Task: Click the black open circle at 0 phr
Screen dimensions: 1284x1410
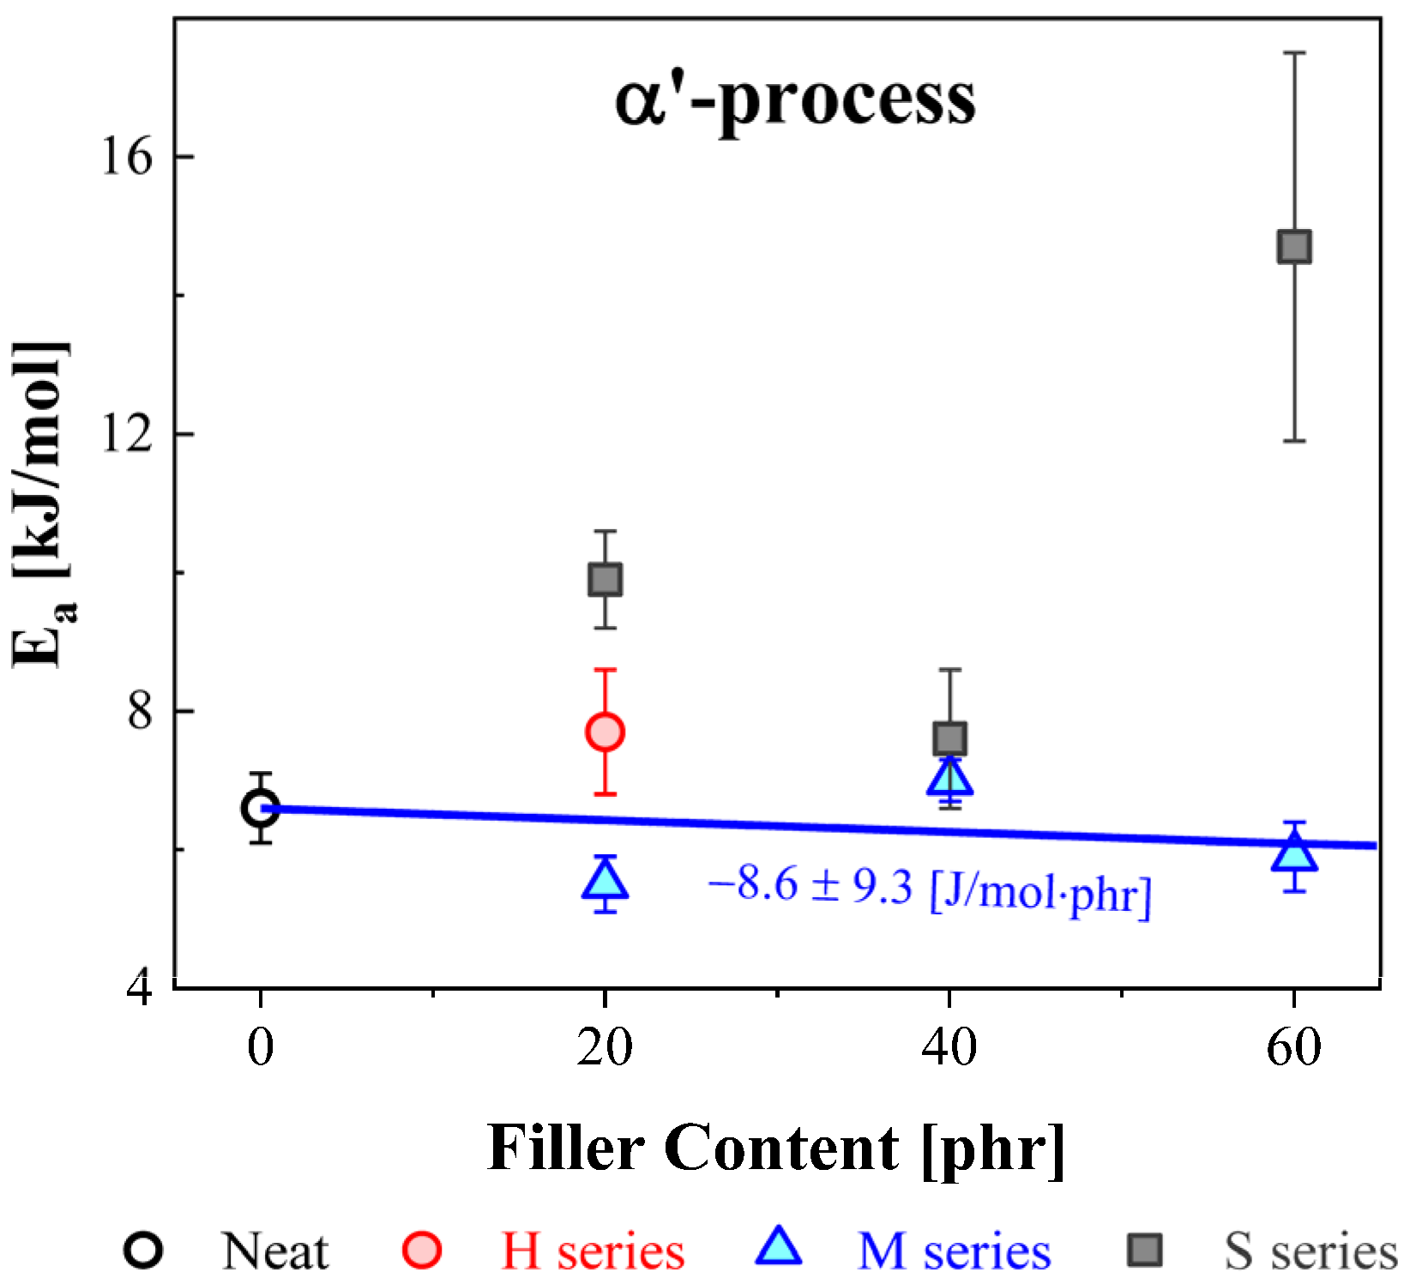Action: coord(260,808)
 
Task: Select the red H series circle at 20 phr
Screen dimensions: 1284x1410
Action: coord(605,732)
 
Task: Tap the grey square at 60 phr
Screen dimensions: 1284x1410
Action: coord(1294,246)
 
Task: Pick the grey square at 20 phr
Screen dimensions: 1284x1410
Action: coord(605,580)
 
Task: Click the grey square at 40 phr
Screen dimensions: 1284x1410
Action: coord(949,738)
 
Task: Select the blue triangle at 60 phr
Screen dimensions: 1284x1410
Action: coord(1294,854)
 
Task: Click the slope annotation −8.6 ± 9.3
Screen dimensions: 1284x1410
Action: coord(930,889)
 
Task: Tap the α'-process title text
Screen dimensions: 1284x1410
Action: coord(795,99)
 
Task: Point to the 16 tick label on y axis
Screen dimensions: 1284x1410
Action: coord(126,157)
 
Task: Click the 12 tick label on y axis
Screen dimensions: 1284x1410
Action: coord(126,434)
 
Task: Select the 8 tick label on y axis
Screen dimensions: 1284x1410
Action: coord(140,711)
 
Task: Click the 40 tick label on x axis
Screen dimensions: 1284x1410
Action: coord(949,1047)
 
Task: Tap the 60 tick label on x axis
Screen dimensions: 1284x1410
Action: coord(1294,1047)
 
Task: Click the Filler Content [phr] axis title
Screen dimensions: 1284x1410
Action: coord(776,1148)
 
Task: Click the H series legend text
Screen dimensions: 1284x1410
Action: coord(594,1251)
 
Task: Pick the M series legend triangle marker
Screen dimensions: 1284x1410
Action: coord(779,1248)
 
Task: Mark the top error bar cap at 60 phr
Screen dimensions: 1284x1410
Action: coord(1294,53)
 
